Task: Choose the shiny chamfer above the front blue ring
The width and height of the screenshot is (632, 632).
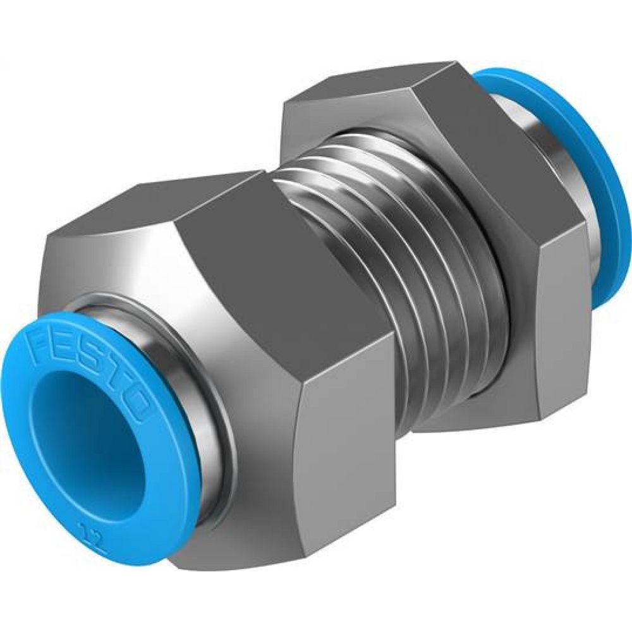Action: [x=126, y=265]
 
